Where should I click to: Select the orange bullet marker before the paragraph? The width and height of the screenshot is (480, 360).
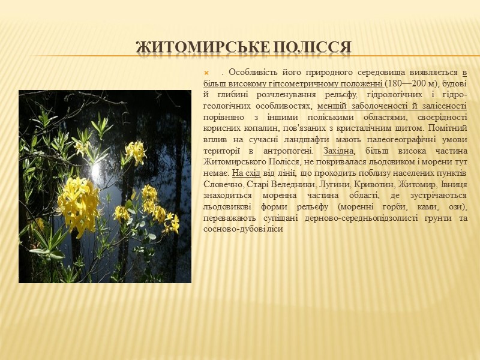(x=207, y=73)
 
